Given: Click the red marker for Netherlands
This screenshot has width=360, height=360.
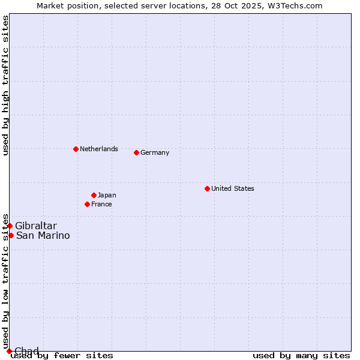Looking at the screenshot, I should (76, 149).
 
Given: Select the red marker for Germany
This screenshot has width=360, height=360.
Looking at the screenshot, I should (136, 152).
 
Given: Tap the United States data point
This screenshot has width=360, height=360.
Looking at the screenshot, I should (207, 188).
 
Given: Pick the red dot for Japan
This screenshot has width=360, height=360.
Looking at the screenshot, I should (94, 195).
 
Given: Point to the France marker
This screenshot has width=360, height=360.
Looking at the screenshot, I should (87, 204).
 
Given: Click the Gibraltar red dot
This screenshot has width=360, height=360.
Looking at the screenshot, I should (10, 226).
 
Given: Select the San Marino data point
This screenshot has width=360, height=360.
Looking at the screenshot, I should (11, 235).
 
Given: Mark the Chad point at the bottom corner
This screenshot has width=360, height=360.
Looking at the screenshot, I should (9, 351).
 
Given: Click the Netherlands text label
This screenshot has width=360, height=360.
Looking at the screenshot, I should (99, 149).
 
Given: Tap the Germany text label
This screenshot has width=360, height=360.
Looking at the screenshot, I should (155, 152).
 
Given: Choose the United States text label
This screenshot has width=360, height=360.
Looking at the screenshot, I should (233, 188).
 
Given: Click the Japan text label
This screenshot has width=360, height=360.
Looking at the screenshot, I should (107, 195).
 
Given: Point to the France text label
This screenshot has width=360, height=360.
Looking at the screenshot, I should (101, 204).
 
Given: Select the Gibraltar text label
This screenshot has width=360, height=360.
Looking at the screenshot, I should (36, 226).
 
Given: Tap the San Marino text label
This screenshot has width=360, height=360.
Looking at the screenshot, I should (43, 235).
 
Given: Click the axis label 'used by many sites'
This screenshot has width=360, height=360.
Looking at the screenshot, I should (301, 356).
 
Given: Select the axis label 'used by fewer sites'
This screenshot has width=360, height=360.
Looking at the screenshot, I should (62, 356).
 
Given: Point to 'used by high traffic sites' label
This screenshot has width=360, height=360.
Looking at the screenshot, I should (6, 85).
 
